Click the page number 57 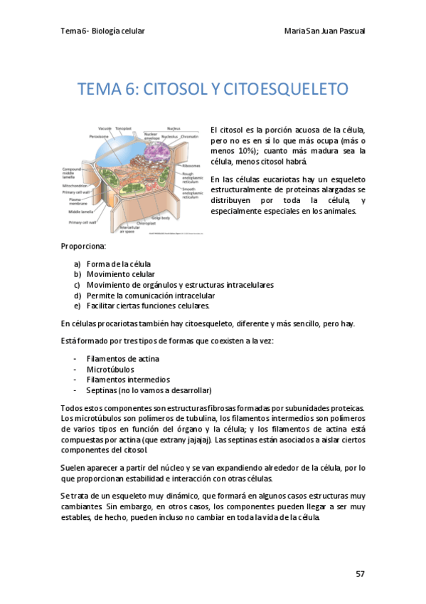click(359, 573)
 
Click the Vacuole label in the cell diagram click(105, 128)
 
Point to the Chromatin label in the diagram click(189, 135)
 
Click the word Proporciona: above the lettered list click(83, 246)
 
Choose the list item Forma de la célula click(118, 264)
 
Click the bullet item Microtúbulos click(110, 370)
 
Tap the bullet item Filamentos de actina click(122, 359)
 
